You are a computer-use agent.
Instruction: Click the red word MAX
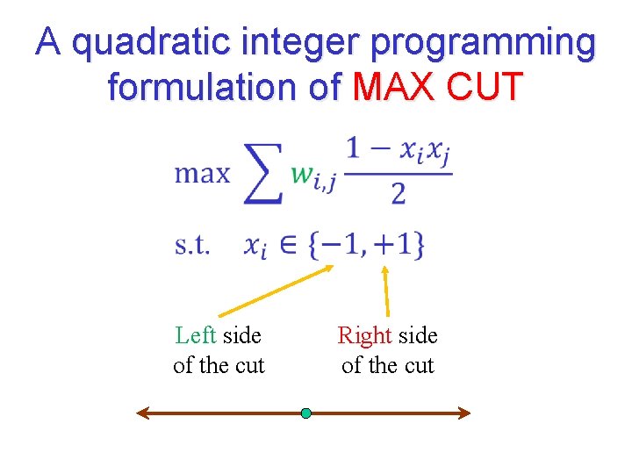point(395,88)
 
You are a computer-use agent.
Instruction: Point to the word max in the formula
point(202,174)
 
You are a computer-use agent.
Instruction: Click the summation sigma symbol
point(263,172)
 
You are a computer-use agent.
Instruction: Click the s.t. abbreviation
point(192,245)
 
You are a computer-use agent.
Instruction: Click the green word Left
point(195,336)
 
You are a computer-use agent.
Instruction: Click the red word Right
point(363,336)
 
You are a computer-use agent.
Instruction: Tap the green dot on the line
point(305,413)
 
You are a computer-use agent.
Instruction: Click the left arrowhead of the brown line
point(141,413)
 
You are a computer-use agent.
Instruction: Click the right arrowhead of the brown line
point(465,413)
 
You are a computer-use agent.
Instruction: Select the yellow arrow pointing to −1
point(276,291)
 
